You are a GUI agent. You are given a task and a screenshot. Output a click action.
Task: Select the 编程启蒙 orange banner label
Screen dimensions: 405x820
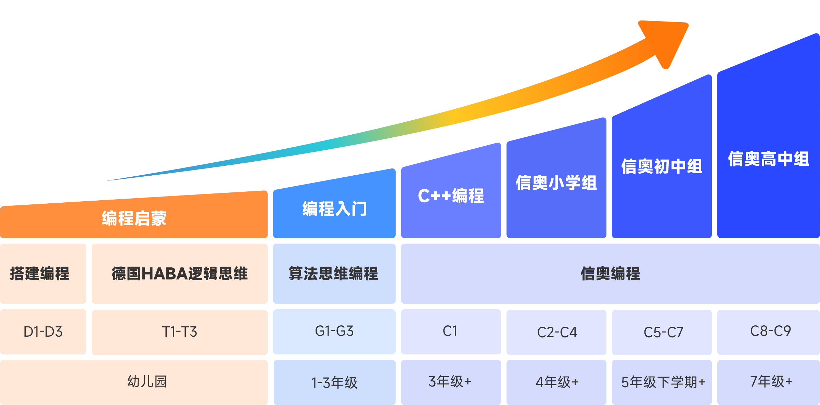coord(134,218)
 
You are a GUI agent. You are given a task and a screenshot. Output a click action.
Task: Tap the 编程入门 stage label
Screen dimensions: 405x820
coord(334,208)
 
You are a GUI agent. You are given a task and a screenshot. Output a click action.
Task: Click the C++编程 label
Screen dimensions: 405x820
coord(451,196)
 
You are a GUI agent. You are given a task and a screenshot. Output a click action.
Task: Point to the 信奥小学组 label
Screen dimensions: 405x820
coord(556,183)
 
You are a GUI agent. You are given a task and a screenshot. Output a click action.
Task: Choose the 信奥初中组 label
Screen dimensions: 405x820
coord(662,167)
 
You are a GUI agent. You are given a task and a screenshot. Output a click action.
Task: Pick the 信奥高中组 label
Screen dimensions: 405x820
coord(768,159)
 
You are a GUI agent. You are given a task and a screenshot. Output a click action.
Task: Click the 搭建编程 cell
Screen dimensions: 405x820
coord(40,273)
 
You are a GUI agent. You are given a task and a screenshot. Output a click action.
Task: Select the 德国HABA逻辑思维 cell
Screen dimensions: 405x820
coord(180,273)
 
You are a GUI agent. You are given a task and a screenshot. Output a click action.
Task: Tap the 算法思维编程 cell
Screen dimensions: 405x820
coord(334,273)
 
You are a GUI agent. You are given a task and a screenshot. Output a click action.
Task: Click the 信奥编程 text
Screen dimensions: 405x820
coord(610,273)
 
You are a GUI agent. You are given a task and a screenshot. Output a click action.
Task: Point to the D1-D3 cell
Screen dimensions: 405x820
coord(43,332)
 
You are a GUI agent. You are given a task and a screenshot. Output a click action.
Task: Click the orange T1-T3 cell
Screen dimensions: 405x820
coord(180,332)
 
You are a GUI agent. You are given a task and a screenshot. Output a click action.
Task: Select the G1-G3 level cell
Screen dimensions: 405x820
coord(334,331)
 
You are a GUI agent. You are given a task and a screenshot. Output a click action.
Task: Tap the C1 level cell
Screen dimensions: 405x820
coord(450,331)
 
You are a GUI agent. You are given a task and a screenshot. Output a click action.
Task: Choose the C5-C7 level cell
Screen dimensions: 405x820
coord(663,332)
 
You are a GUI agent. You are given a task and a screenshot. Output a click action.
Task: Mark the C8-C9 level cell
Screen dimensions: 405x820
coord(770,331)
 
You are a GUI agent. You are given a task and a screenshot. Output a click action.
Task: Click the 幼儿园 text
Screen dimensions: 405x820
coord(147,381)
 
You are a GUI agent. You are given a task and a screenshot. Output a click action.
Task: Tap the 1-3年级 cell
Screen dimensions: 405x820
coord(334,382)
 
